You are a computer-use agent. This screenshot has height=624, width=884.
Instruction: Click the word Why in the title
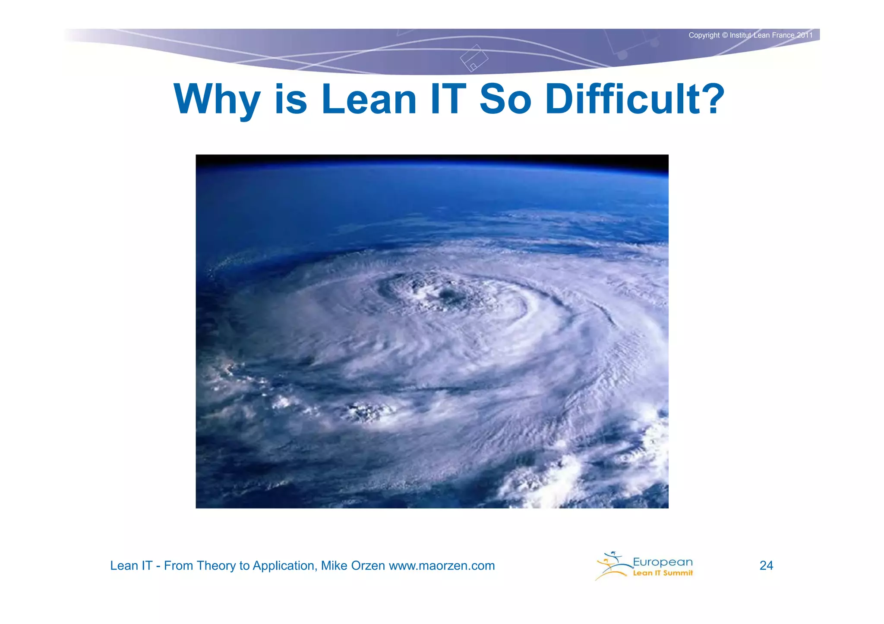(x=217, y=100)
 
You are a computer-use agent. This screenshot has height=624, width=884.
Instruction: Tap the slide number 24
(x=766, y=565)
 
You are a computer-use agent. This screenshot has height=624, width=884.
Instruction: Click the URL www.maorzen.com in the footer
(x=442, y=565)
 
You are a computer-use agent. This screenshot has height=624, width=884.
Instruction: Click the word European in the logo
(x=663, y=562)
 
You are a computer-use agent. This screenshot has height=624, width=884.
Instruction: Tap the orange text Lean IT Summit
(x=663, y=573)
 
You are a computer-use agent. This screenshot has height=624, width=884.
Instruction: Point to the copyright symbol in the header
(x=725, y=35)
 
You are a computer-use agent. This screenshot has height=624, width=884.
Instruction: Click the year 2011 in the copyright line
(x=805, y=35)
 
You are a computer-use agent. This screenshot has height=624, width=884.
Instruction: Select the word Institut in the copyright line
(x=741, y=35)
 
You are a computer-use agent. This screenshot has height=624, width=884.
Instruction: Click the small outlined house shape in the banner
(x=474, y=58)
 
